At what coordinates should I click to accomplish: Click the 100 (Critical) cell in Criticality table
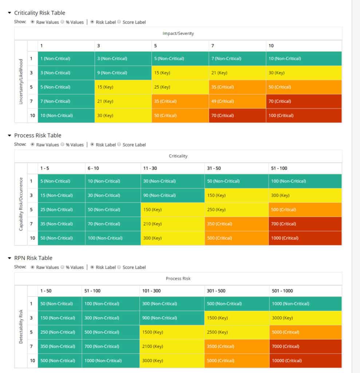click(304, 115)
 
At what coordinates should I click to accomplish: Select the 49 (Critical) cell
click(237, 101)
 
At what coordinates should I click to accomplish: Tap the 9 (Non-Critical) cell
click(123, 73)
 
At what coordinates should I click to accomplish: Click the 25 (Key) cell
click(180, 87)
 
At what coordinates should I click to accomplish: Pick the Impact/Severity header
click(178, 34)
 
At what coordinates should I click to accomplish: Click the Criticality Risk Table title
click(40, 13)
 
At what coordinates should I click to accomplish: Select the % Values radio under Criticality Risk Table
click(63, 22)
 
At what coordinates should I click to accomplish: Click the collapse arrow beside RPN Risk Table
click(9, 258)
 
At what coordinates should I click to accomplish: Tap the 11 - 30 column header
click(172, 168)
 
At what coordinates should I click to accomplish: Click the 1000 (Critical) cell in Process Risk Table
click(305, 238)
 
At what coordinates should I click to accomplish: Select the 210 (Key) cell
click(172, 224)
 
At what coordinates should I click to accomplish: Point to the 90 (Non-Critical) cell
click(172, 196)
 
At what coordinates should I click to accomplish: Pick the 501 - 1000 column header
click(305, 291)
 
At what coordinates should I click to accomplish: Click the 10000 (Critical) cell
click(305, 361)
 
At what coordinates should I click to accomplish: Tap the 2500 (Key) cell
click(237, 332)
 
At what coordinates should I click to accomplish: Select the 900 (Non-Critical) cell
click(171, 318)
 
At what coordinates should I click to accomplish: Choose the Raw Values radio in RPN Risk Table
click(33, 267)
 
